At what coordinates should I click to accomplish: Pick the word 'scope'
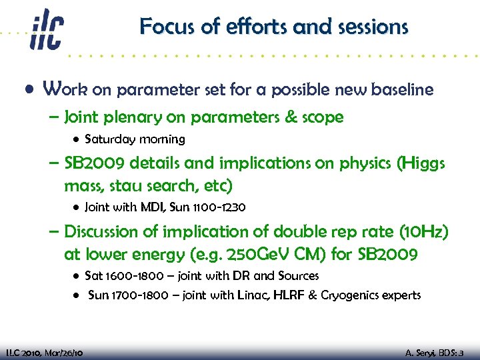322,118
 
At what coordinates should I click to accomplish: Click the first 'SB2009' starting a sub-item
94,164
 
